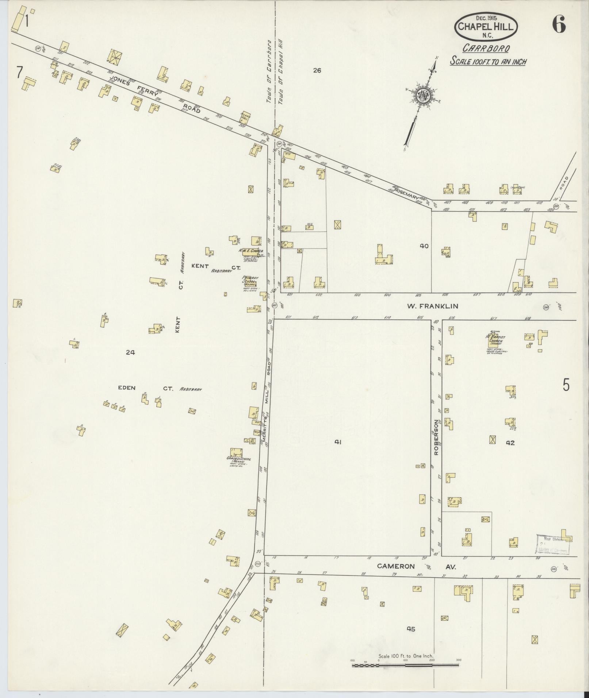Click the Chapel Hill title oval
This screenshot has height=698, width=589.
click(x=486, y=27)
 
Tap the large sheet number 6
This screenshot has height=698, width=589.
click(x=559, y=25)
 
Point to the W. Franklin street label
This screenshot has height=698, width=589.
click(x=432, y=306)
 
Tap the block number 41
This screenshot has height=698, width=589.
click(x=338, y=442)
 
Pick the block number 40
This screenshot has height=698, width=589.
click(x=424, y=246)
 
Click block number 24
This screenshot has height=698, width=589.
click(x=130, y=352)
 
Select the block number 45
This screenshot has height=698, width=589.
click(x=411, y=629)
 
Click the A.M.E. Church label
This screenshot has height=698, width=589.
click(x=251, y=251)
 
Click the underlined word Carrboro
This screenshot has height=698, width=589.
click(x=486, y=48)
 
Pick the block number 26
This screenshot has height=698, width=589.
click(x=317, y=70)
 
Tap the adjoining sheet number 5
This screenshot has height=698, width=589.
click(x=566, y=385)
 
